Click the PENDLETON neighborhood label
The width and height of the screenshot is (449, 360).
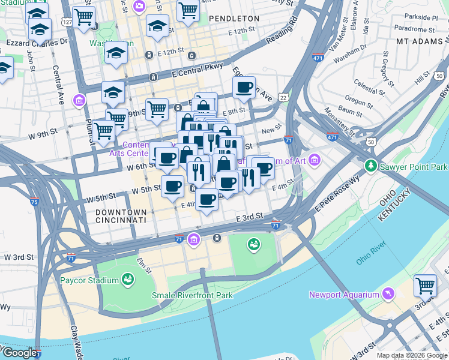(234, 19)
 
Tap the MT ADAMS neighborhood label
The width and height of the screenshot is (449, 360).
(420, 41)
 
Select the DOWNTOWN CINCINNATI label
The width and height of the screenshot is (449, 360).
(121, 216)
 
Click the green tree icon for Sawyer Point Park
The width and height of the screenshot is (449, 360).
(372, 166)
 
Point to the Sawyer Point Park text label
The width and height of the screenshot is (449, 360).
(414, 166)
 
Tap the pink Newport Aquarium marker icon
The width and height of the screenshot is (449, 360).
(388, 294)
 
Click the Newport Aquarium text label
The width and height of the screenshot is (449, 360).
(344, 294)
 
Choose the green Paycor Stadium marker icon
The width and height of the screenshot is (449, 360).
(127, 280)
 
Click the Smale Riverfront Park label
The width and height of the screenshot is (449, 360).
(184, 295)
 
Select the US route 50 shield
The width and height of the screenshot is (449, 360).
(372, 142)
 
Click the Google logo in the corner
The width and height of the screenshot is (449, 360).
(19, 353)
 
